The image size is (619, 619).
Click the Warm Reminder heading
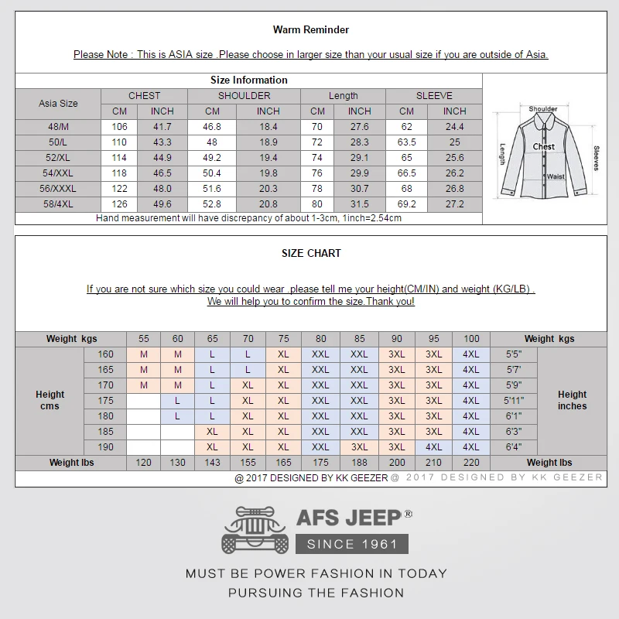(x=310, y=29)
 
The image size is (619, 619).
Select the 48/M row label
(x=58, y=126)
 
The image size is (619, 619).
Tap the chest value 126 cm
(x=119, y=203)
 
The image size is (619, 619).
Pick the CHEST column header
(x=144, y=96)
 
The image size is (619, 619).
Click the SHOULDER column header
(x=244, y=96)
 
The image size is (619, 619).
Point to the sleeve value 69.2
(x=406, y=203)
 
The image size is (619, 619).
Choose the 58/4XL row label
(x=58, y=203)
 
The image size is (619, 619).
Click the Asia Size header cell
(x=58, y=103)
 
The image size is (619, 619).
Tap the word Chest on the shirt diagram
(x=543, y=146)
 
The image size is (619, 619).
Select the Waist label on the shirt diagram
(x=556, y=176)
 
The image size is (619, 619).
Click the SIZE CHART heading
(x=311, y=253)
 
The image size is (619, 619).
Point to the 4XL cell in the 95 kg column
(x=434, y=447)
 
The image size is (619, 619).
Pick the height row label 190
(x=105, y=447)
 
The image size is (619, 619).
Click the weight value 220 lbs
(x=471, y=463)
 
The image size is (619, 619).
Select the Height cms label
(x=50, y=400)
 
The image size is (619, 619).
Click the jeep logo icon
(x=255, y=530)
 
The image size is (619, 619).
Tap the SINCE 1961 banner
(x=352, y=544)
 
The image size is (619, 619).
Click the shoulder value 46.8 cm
(x=211, y=126)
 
